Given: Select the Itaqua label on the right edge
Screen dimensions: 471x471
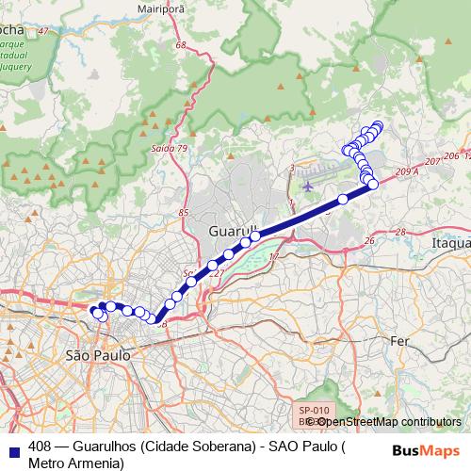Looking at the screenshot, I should pyautogui.click(x=450, y=242).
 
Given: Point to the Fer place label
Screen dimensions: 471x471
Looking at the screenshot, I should pyautogui.click(x=401, y=339).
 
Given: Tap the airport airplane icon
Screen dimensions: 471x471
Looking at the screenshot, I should pyautogui.click(x=308, y=185).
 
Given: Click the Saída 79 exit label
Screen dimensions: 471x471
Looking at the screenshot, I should pyautogui.click(x=170, y=148).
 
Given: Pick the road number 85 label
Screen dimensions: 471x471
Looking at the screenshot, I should pyautogui.click(x=183, y=213).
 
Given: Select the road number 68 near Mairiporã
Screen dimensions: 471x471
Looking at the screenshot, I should pyautogui.click(x=206, y=45).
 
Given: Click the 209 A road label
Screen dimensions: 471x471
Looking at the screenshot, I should pyautogui.click(x=407, y=172).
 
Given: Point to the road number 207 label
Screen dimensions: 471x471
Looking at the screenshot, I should pyautogui.click(x=432, y=162).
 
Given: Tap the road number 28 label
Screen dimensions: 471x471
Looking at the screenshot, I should pyautogui.click(x=399, y=231).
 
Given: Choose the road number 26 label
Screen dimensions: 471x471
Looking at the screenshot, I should pyautogui.click(x=369, y=241).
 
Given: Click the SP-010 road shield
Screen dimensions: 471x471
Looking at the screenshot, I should pyautogui.click(x=314, y=411).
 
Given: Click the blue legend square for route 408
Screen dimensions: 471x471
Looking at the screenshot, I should pyautogui.click(x=13, y=446).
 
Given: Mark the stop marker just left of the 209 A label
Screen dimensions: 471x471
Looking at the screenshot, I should pyautogui.click(x=373, y=184).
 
